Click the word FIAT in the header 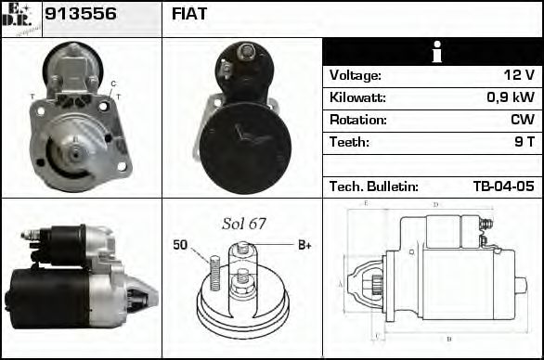coord(189,14)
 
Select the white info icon coord(433,52)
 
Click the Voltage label coord(356,75)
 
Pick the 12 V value coord(518,75)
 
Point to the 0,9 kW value coord(511,97)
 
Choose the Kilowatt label coord(357,97)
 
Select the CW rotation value coord(522,120)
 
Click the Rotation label coord(356,120)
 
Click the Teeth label coord(349,142)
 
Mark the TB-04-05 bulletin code coord(503,186)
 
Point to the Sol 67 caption coord(243,224)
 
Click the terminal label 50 coord(180,245)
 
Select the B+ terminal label coord(304,245)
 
